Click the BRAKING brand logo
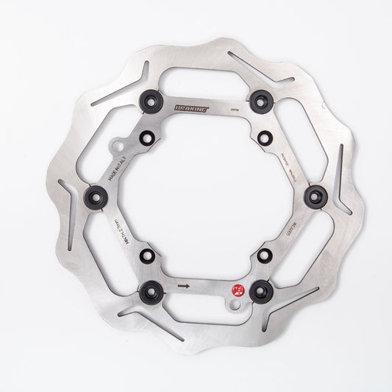tap(191, 108)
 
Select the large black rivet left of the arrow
tap(150, 288)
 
